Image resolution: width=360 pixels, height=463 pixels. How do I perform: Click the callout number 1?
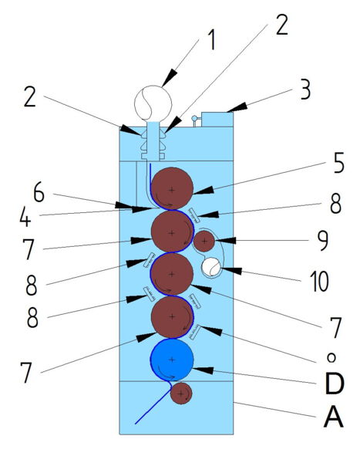click(x=210, y=40)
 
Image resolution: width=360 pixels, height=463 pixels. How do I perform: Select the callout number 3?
click(x=305, y=90)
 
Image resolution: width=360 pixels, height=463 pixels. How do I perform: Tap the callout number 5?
click(x=338, y=163)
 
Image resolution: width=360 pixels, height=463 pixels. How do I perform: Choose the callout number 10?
click(x=319, y=281)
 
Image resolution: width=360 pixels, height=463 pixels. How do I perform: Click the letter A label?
click(x=334, y=417)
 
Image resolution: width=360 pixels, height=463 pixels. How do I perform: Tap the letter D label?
click(x=334, y=383)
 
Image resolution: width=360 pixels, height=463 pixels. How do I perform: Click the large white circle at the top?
click(x=153, y=103)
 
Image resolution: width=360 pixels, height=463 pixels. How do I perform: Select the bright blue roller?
click(x=172, y=360)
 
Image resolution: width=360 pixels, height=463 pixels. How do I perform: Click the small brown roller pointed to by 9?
click(x=204, y=242)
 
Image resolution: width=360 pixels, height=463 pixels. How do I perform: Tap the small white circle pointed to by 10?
click(x=211, y=267)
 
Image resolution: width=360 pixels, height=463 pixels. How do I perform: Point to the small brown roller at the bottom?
click(x=181, y=394)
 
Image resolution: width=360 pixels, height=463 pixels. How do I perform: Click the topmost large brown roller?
click(x=172, y=189)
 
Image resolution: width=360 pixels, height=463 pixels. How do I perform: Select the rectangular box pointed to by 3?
click(x=217, y=120)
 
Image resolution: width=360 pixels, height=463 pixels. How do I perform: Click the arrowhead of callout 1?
click(x=170, y=79)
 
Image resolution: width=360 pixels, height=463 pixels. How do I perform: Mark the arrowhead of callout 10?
click(x=231, y=270)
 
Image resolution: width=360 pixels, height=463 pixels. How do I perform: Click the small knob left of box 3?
click(x=194, y=118)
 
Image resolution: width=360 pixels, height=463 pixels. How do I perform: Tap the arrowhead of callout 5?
click(x=204, y=191)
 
